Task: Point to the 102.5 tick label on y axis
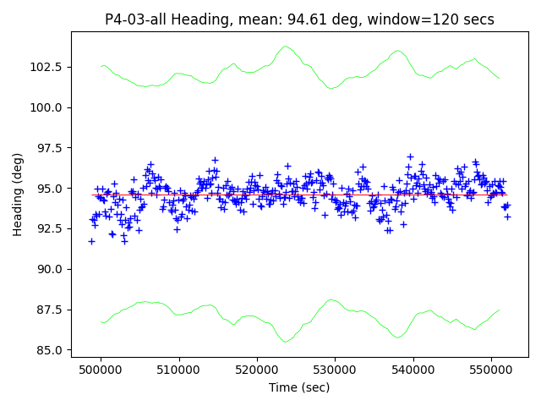[x=46, y=67]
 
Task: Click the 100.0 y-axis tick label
[x=46, y=107]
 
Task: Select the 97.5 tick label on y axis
[x=50, y=148]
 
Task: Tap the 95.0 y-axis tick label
[x=50, y=189]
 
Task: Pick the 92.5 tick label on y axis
[x=50, y=228]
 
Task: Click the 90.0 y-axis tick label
[x=50, y=269]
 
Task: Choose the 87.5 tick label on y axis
[x=50, y=310]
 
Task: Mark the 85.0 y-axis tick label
[x=50, y=350]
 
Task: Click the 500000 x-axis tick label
[x=101, y=370]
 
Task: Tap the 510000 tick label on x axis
[x=178, y=370]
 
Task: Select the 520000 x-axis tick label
[x=257, y=370]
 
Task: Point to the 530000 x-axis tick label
[x=335, y=370]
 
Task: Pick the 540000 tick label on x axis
[x=413, y=370]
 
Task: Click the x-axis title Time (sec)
[x=299, y=387]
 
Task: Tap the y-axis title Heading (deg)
[x=18, y=195]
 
